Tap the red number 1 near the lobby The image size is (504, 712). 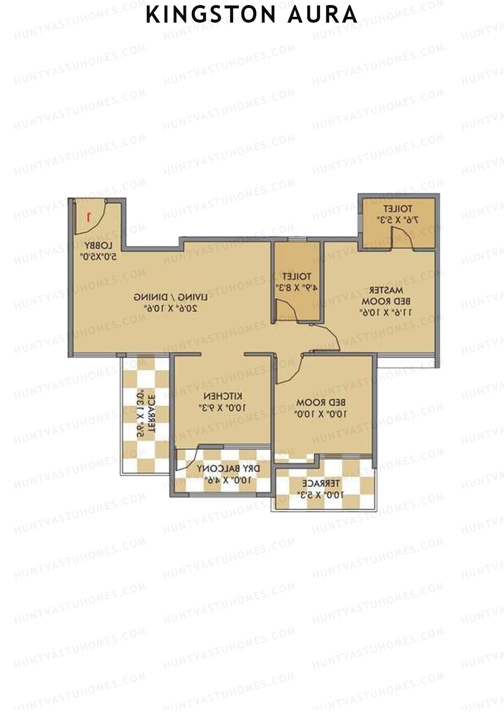(x=89, y=217)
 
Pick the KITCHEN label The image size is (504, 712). (x=223, y=396)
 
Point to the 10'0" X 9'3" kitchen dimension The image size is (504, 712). (x=223, y=407)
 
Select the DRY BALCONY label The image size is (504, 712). (x=229, y=468)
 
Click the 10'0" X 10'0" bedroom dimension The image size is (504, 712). (x=322, y=414)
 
